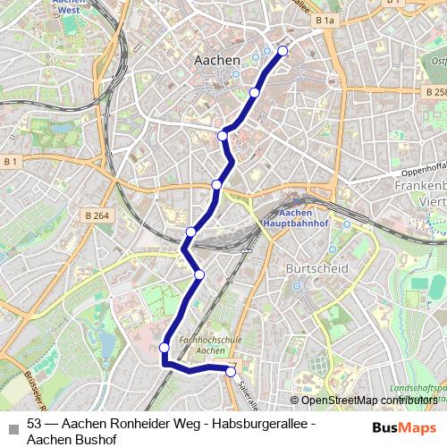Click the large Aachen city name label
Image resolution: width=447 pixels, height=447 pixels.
click(217, 59)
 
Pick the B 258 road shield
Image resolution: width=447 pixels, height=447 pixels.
click(435, 92)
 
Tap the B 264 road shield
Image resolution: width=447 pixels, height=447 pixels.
click(96, 215)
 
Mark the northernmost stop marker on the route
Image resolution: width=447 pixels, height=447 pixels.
click(283, 51)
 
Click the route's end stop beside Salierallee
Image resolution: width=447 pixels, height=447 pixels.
click(231, 371)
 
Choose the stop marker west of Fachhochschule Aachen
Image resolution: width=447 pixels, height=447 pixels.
click(164, 348)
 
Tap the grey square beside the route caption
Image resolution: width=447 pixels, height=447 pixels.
click(12, 426)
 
